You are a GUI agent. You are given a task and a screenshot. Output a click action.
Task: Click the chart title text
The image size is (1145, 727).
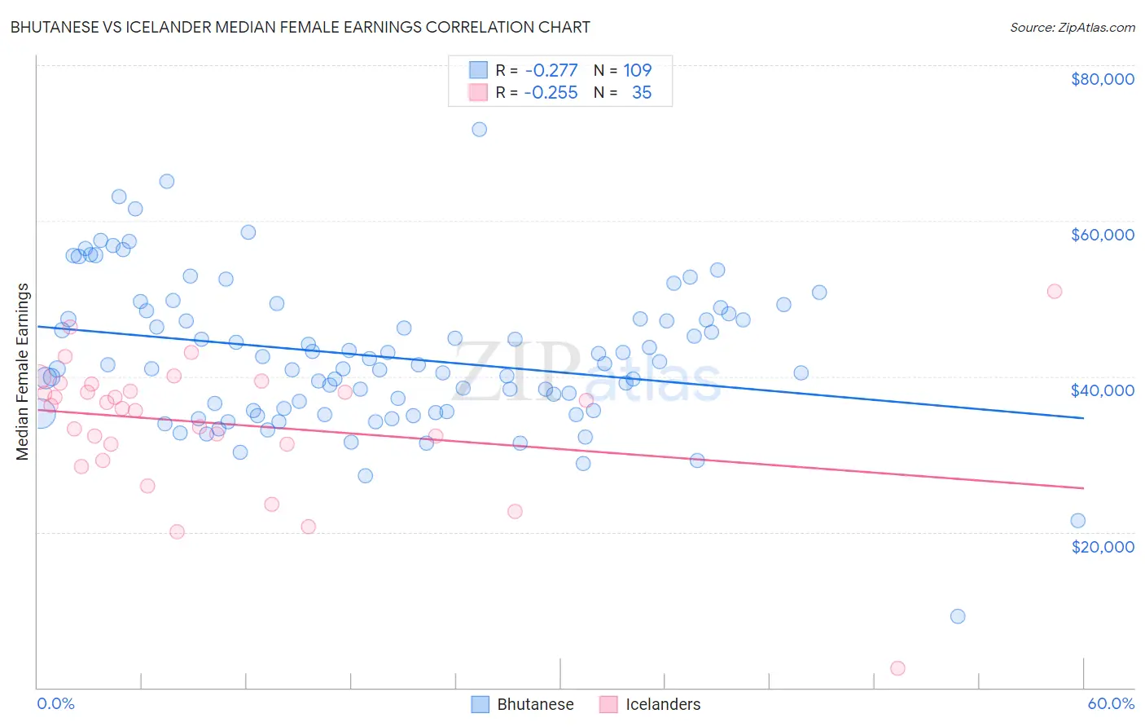(300, 27)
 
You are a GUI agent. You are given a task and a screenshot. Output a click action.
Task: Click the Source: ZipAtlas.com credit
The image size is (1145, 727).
(1072, 27)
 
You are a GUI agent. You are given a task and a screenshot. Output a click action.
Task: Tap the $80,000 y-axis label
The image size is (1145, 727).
(1102, 79)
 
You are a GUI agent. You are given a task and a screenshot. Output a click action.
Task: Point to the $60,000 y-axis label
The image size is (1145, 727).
(1102, 235)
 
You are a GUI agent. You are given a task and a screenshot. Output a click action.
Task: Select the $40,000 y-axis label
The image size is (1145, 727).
(1102, 390)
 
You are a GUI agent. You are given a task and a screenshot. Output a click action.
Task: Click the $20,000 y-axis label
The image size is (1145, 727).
(1102, 546)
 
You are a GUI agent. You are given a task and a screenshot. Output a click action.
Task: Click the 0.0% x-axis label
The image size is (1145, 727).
(55, 703)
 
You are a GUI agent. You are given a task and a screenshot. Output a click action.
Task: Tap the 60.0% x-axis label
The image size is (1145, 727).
(1110, 703)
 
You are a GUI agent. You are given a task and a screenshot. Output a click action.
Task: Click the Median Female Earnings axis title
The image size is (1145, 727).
(23, 372)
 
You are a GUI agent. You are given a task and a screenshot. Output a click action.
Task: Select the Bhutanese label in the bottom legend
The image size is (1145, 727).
(535, 704)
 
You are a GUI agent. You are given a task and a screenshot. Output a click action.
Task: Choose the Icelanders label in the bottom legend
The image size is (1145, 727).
(662, 704)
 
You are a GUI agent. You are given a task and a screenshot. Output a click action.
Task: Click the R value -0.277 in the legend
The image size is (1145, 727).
(551, 71)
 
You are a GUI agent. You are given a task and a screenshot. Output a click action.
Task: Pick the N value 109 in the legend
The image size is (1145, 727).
(638, 71)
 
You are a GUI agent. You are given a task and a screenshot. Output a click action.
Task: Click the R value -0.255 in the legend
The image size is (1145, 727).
(551, 93)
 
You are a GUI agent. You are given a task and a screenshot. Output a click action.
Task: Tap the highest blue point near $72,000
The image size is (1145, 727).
(480, 130)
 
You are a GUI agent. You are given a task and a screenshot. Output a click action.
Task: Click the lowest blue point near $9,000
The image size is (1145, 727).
(958, 616)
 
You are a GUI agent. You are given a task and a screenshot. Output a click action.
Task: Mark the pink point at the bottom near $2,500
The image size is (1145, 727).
(897, 668)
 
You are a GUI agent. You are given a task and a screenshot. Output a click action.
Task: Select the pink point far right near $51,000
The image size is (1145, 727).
(1055, 292)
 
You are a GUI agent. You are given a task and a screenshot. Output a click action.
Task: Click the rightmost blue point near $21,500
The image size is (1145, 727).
(1077, 521)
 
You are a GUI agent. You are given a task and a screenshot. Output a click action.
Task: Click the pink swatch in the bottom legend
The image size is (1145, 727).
(608, 704)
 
